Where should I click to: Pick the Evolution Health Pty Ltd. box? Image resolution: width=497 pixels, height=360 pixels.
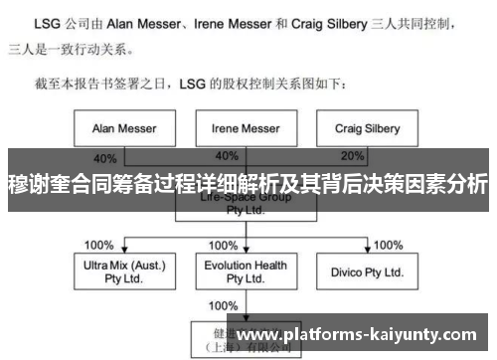click(245, 271)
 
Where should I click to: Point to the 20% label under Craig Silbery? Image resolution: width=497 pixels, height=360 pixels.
click(353, 157)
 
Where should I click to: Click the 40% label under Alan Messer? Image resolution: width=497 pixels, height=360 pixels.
click(105, 157)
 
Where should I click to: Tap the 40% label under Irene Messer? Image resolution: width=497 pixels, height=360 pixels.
click(227, 157)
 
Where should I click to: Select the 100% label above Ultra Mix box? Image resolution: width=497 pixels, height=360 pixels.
click(99, 245)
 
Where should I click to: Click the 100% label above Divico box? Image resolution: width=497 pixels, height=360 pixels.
click(389, 245)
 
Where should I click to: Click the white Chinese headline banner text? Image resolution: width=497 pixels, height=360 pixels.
click(248, 185)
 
